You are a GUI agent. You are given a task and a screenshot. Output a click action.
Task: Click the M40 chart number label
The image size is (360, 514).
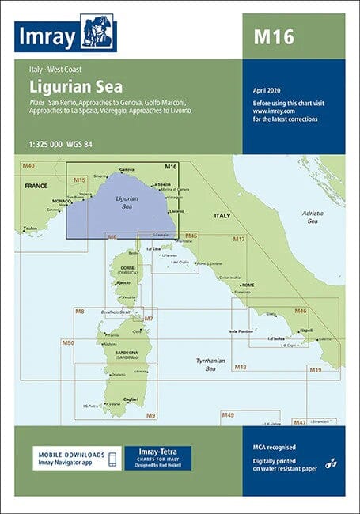(x=29, y=165)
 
